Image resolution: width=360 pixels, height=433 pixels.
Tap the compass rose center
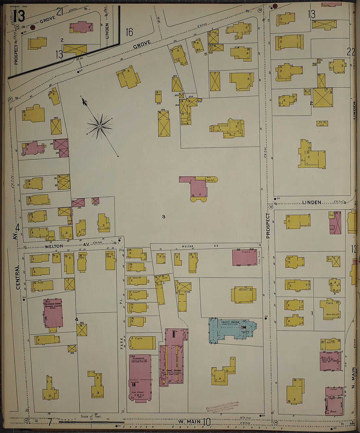tap(99, 126)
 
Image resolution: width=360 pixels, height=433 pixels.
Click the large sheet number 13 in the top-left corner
tap(19, 15)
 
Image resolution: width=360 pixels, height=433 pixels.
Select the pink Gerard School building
tap(53, 313)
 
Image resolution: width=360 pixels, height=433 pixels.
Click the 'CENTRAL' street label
tap(17, 277)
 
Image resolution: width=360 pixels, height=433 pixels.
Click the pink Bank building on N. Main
tap(334, 406)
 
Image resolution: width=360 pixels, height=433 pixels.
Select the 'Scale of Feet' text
tap(91, 417)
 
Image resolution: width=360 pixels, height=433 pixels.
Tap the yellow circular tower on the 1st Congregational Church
tap(163, 382)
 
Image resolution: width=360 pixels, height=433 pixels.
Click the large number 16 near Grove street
tap(130, 32)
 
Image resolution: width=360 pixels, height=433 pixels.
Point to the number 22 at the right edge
tap(351, 52)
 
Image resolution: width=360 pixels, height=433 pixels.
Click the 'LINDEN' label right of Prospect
tap(311, 203)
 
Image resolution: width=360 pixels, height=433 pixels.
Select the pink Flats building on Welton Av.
tap(244, 257)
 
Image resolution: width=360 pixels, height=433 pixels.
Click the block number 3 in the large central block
tap(164, 216)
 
